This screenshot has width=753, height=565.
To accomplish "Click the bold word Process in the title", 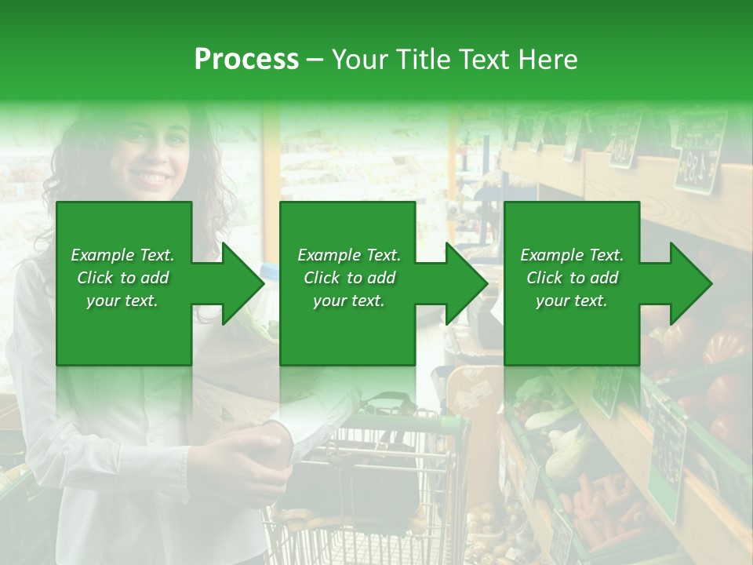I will (x=246, y=59).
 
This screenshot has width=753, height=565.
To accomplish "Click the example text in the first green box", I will (x=122, y=278).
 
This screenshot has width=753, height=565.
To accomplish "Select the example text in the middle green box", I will (x=349, y=278).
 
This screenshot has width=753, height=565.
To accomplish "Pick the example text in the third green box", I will (x=572, y=278).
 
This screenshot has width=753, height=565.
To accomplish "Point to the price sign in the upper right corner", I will (x=700, y=153).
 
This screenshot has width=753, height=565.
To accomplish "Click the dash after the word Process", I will (x=315, y=59).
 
